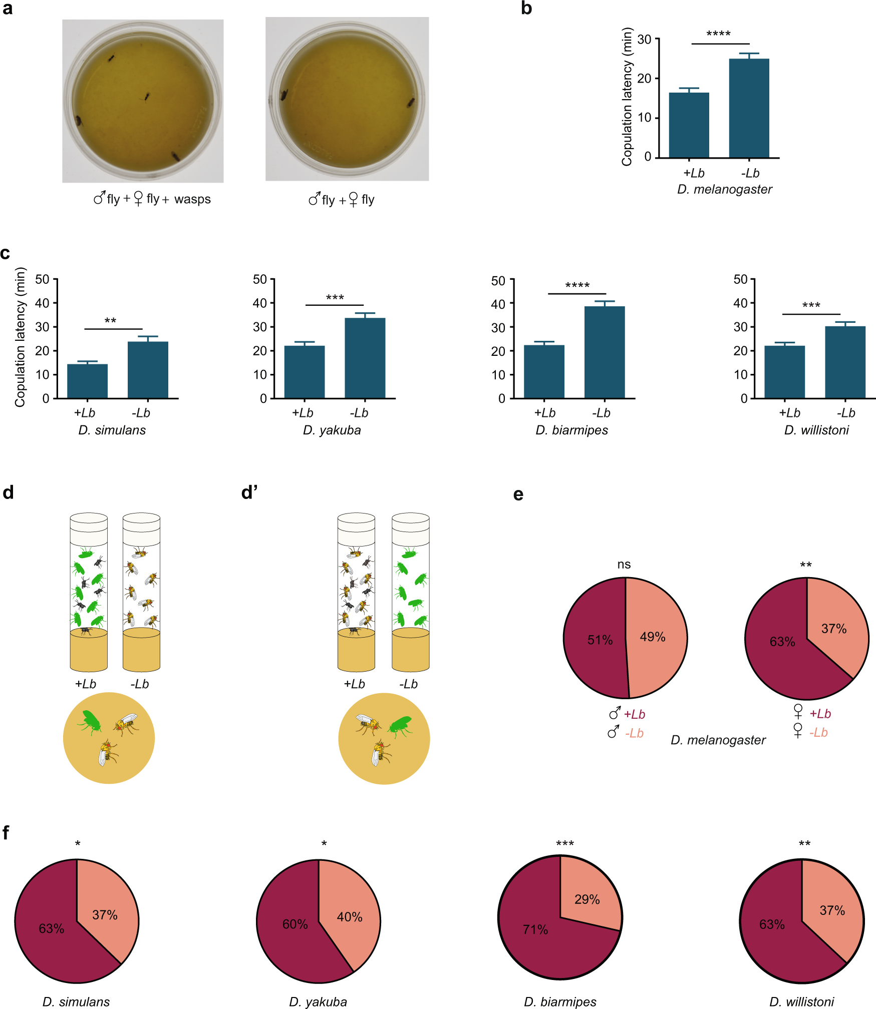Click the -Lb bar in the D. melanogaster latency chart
point(749,109)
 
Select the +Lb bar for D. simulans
point(87,381)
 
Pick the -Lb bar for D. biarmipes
point(604,353)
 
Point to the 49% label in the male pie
point(653,637)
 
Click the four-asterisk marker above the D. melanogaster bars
point(718,34)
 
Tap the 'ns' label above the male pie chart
point(624,565)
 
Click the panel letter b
point(526,9)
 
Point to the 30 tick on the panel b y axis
point(644,40)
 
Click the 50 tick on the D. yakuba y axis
point(260,279)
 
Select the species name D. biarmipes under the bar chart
point(571,430)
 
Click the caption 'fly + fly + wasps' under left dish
point(152,199)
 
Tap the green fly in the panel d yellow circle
point(90,721)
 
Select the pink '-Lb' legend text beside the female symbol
point(818,733)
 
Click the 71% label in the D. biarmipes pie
point(535,930)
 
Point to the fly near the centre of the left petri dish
point(147,96)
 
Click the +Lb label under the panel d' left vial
point(354,684)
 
